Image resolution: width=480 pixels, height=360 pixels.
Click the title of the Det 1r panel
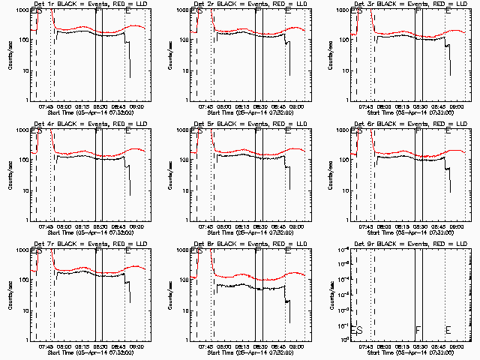[x=87, y=5]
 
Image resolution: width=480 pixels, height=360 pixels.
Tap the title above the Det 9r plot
[x=407, y=245]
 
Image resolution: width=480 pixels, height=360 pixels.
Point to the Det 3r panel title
[x=407, y=5]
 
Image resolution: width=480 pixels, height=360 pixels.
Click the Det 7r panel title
[x=87, y=245]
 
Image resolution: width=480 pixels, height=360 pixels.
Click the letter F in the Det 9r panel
[x=418, y=330]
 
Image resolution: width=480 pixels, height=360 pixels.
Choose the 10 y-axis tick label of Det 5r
[x=185, y=190]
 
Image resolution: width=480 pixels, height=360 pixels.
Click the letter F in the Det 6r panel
[x=418, y=131]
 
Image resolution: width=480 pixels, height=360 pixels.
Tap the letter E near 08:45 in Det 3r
[x=448, y=11]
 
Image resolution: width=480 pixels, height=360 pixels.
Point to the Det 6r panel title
[x=407, y=125]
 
